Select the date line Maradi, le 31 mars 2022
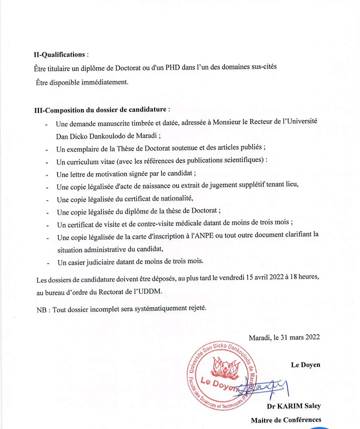click(284, 337)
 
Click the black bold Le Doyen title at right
click(305, 364)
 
